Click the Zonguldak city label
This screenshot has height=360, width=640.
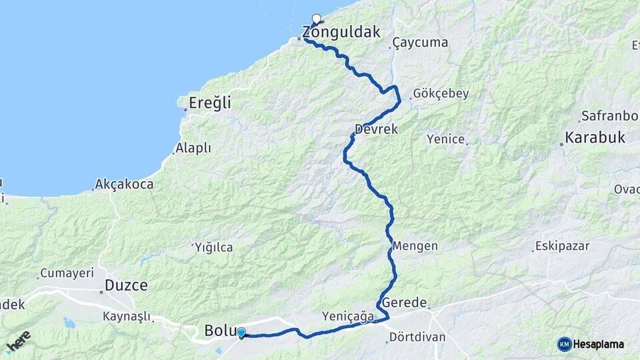[341, 31]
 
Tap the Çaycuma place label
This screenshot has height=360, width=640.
[421, 43]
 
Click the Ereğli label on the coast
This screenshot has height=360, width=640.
[209, 103]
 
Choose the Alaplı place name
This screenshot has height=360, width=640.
[193, 148]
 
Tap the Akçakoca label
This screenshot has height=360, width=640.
[124, 184]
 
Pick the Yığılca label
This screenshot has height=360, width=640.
[214, 247]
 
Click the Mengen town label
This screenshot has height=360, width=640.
[415, 245]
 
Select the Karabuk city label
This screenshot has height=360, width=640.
[595, 138]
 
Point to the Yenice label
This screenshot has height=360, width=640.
[445, 139]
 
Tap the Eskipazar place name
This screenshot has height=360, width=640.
[563, 246]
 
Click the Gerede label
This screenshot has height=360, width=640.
[404, 303]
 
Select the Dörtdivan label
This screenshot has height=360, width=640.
[417, 337]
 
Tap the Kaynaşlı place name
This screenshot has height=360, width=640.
[127, 317]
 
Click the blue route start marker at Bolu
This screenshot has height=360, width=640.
[241, 333]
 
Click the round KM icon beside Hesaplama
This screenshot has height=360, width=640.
[565, 344]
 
